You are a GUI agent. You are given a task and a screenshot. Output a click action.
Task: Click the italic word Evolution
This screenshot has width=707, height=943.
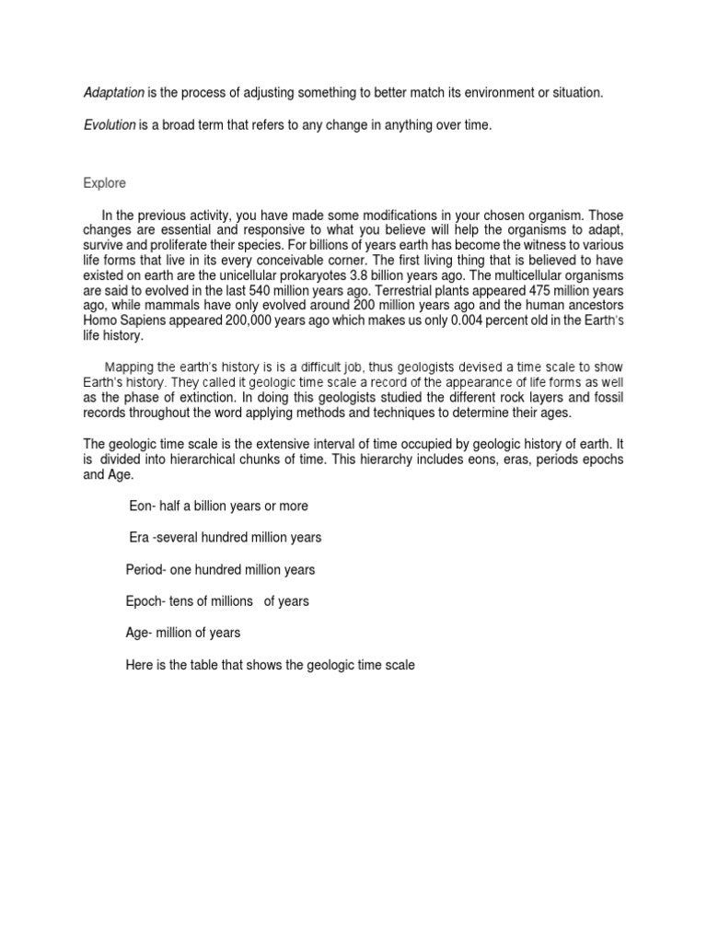point(110,125)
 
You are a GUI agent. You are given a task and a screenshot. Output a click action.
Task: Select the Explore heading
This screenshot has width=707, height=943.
point(104,183)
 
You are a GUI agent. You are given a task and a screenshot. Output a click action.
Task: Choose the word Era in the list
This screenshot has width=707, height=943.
point(139,537)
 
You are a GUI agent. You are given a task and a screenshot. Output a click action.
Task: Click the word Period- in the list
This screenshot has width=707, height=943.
point(145,569)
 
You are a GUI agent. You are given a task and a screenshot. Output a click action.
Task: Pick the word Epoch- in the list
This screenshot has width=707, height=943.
point(145,601)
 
